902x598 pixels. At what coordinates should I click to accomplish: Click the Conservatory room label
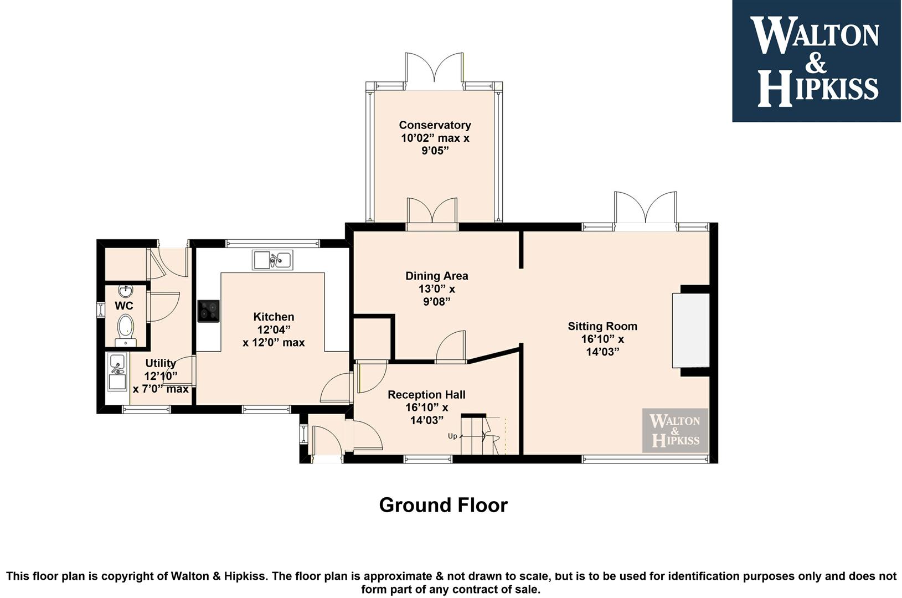pos(435,125)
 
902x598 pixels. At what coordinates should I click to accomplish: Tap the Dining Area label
pos(436,276)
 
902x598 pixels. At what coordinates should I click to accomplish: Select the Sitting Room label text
pos(602,326)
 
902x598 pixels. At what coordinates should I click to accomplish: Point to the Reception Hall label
pos(426,395)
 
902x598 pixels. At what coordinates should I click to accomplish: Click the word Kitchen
pos(274,317)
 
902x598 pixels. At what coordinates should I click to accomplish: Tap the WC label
pos(124,306)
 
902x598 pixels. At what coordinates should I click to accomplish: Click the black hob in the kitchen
pos(209,311)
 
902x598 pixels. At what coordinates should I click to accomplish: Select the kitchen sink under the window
pos(272,260)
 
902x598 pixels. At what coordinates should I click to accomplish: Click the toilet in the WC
pos(126,330)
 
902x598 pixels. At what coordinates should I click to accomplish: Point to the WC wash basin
pos(126,290)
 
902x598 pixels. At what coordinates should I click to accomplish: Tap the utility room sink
pos(117,372)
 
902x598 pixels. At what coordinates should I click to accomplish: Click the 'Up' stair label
pos(452,436)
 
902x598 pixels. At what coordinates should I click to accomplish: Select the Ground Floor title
pos(444,505)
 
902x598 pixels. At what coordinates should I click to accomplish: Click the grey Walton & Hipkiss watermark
pos(675,430)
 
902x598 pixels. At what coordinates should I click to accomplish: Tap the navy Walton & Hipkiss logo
pos(816,61)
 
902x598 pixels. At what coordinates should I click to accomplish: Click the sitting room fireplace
pos(691,331)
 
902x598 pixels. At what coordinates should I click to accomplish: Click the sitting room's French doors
pos(646,210)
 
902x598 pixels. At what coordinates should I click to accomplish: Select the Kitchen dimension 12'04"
pos(274,330)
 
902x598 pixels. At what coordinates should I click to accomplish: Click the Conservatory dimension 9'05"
pos(435,151)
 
